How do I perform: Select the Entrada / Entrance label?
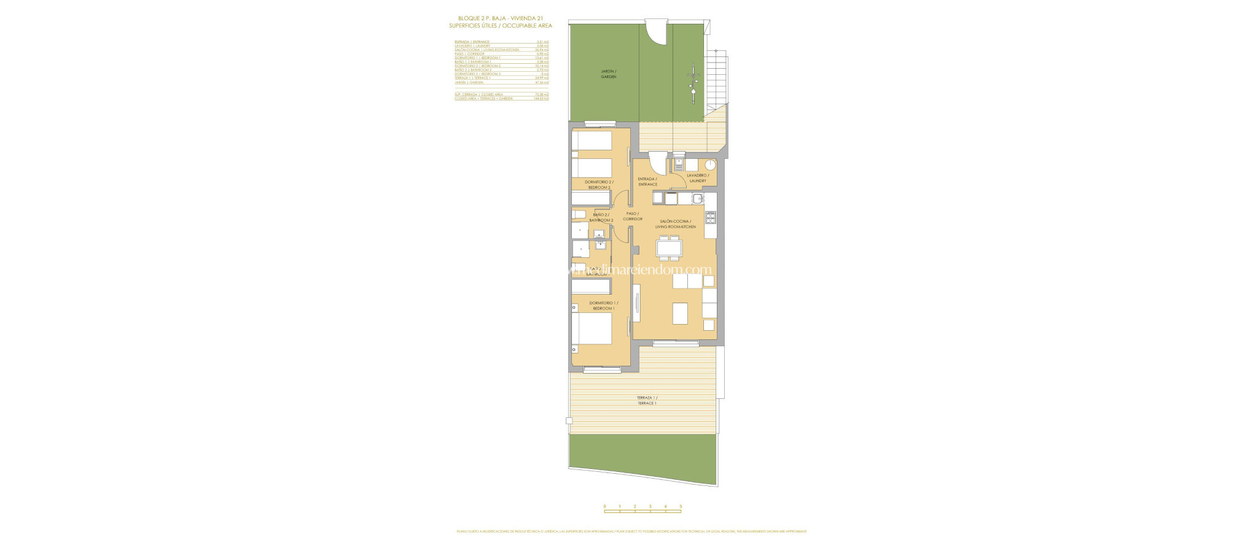(647, 182)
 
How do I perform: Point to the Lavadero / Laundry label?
(697, 178)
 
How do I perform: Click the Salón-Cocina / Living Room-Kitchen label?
(675, 224)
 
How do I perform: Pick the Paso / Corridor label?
(632, 216)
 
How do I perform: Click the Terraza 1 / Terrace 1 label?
(646, 400)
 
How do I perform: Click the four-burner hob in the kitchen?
(711, 217)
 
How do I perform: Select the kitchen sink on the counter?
(697, 198)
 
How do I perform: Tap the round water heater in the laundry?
(710, 164)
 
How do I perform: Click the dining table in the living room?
(669, 248)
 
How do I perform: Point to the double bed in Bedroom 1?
(162, 330)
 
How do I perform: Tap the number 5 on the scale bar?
(681, 507)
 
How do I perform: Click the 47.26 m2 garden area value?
(542, 82)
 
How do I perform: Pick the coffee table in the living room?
(679, 313)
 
